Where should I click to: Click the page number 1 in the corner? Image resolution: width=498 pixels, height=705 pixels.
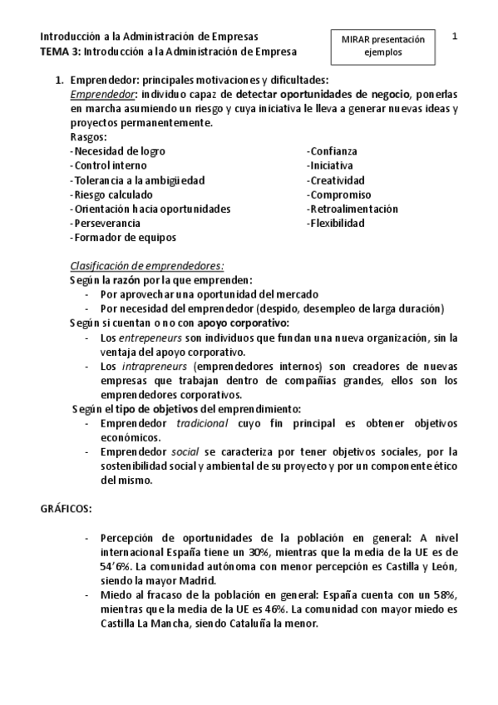pos(456,37)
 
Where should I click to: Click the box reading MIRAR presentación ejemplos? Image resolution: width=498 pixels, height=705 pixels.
pos(382,45)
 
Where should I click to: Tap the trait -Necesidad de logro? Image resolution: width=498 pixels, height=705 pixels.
pos(117,151)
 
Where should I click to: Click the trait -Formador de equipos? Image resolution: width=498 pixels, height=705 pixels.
pos(123,238)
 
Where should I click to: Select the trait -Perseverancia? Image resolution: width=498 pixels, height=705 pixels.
pos(105,224)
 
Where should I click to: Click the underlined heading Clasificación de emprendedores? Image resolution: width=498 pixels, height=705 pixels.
pos(146,266)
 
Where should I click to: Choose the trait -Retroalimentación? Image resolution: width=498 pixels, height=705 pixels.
pos(353,209)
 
